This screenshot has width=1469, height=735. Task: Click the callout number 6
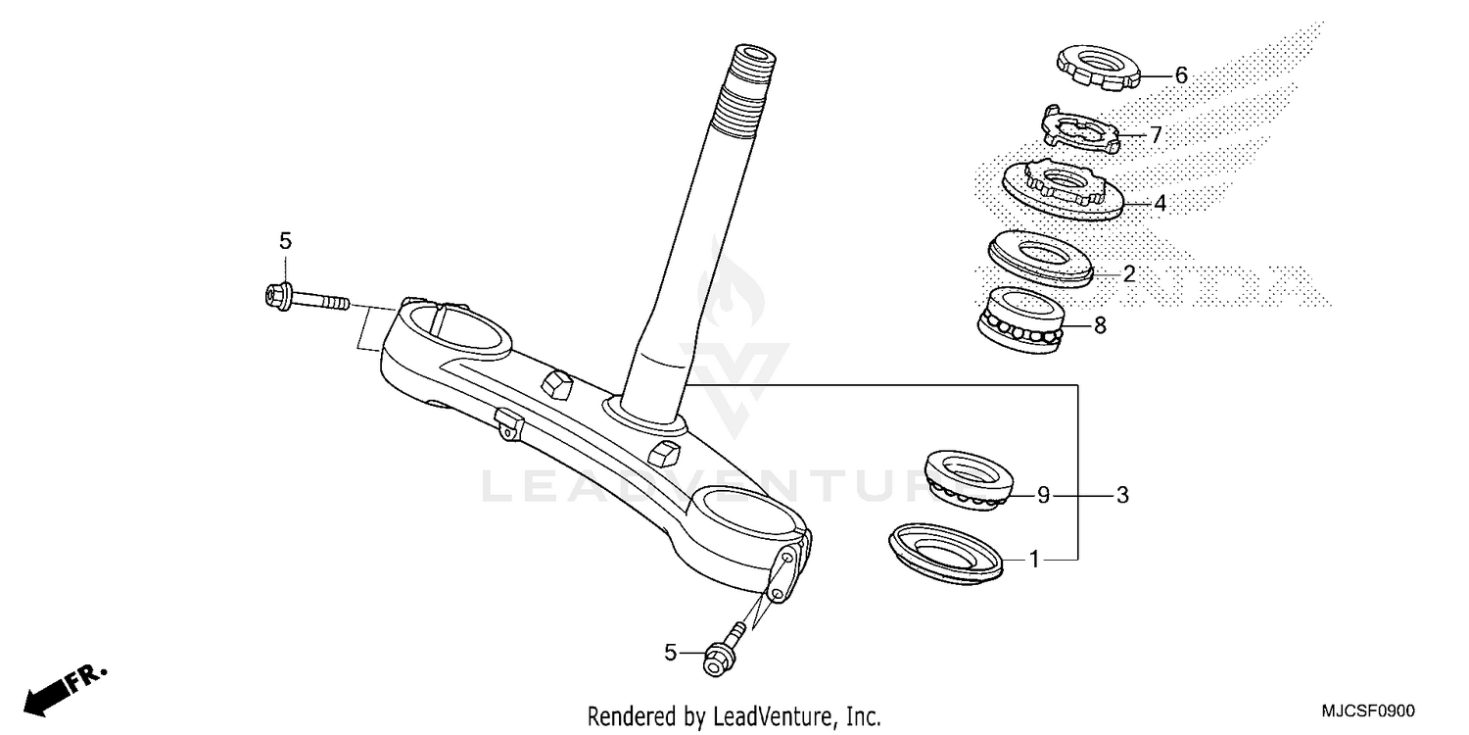click(x=1180, y=74)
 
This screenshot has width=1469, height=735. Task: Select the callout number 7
click(x=1156, y=135)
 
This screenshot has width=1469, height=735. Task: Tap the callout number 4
click(x=1160, y=204)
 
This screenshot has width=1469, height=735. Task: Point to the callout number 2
click(x=1128, y=274)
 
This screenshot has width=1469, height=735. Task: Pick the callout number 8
click(x=1100, y=325)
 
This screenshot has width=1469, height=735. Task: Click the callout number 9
click(x=1044, y=496)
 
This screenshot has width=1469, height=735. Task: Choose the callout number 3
click(x=1122, y=496)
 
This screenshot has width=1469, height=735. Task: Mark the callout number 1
click(x=1033, y=560)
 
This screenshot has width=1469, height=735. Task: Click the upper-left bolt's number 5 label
click(x=285, y=240)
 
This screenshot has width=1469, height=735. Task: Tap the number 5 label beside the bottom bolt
click(x=670, y=652)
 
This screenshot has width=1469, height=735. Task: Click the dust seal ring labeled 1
click(x=946, y=554)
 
